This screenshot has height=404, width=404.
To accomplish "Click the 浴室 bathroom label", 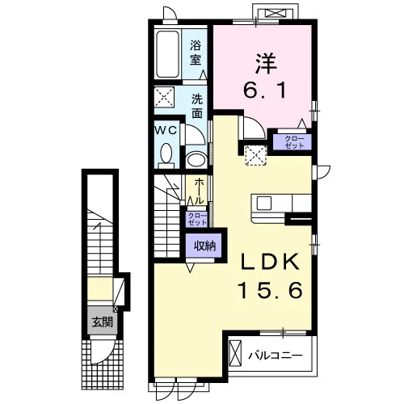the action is (196, 53).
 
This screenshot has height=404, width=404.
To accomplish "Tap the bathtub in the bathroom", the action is (167, 54).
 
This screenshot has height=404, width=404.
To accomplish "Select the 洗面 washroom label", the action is (197, 106).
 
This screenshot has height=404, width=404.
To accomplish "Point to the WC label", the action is (166, 130).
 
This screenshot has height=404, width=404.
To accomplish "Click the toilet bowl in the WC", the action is (166, 154).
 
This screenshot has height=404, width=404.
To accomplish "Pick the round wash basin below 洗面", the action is (196, 160).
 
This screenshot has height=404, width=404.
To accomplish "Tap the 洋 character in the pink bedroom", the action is (266, 64).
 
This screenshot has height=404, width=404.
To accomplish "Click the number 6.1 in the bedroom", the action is (264, 90).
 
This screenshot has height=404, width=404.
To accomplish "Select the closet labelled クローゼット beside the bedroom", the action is (292, 141).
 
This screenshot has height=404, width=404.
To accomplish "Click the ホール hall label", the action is (199, 191).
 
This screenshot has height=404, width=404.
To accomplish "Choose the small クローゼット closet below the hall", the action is (197, 219).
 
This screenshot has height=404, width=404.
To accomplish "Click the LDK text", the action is (270, 262).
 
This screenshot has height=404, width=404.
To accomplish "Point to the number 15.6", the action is (270, 290).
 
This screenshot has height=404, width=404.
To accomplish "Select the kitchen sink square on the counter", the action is (264, 203).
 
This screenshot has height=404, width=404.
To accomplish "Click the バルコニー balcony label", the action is (276, 356).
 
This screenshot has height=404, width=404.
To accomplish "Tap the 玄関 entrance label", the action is (103, 322).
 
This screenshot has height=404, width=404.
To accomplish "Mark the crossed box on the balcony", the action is (235, 353).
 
